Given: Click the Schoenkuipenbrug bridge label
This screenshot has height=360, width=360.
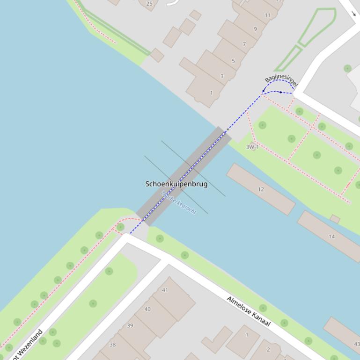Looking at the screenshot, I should click(x=176, y=184).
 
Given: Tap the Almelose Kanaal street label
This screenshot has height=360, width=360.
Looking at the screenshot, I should click(x=249, y=311).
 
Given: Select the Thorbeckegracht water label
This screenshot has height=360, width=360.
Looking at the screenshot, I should click(x=178, y=202).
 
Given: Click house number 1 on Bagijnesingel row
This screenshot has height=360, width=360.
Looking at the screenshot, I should click(x=211, y=93).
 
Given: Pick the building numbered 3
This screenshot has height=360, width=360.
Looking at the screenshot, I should click(x=222, y=76).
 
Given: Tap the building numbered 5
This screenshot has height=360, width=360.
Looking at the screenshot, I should click(x=233, y=61).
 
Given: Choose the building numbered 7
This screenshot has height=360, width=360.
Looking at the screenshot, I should click(x=244, y=44).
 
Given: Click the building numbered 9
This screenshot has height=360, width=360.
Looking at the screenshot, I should click(x=255, y=29).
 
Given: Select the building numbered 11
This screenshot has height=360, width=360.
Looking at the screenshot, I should click(x=267, y=15).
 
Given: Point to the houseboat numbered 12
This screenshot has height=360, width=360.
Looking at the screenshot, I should click(x=261, y=189).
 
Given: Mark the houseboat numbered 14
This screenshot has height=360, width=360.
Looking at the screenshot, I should click(x=331, y=237).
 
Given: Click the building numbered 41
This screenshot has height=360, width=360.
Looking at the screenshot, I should click(x=165, y=290).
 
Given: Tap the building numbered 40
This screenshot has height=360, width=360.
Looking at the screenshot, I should click(x=147, y=309).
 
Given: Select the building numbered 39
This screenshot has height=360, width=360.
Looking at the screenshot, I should click(x=130, y=325).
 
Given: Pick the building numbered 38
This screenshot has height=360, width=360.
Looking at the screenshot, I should click(x=112, y=345).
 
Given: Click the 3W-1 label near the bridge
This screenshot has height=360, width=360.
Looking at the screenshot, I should click(x=252, y=147).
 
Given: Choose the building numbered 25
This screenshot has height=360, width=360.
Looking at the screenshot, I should click(x=149, y=4).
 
